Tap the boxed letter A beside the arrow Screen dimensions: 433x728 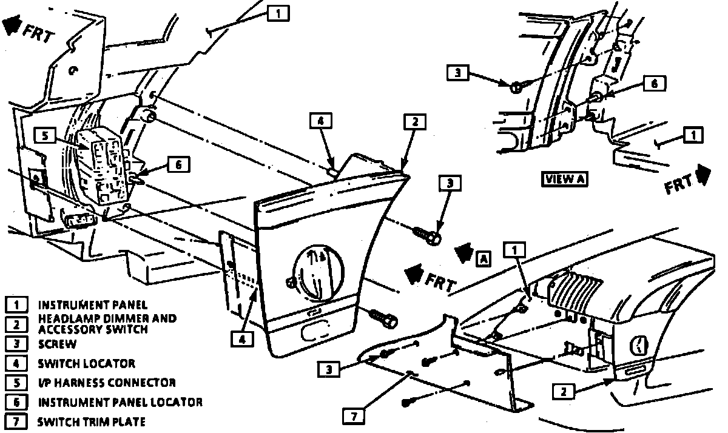[x=483, y=258]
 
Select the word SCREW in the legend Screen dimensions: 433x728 [x=58, y=344]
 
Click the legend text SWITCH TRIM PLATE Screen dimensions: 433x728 [x=92, y=421]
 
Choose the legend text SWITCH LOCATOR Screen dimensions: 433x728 [x=87, y=363]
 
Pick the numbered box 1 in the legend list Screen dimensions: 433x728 [x=18, y=304]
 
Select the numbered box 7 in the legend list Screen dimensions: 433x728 [x=18, y=421]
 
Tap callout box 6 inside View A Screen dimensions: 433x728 [x=654, y=84]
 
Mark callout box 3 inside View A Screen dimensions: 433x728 [x=459, y=73]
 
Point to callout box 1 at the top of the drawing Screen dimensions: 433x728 [x=277, y=12]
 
